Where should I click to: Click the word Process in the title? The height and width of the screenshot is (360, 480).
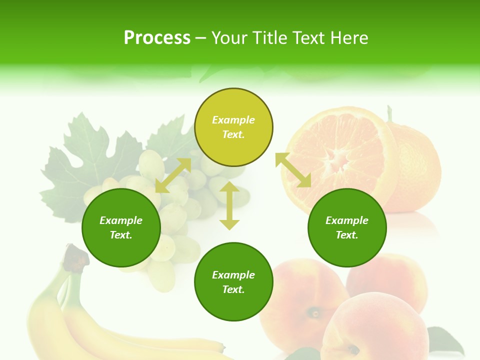click(x=157, y=38)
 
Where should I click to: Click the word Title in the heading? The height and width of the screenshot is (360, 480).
click(x=270, y=38)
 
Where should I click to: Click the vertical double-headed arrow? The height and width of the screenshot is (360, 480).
click(x=229, y=205)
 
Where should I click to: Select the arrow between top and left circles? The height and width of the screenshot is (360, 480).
click(x=173, y=175)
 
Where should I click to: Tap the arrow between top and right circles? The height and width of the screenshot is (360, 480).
click(x=293, y=170)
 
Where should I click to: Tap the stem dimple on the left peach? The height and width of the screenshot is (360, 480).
click(x=315, y=313)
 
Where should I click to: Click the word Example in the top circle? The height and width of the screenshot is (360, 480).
click(x=233, y=120)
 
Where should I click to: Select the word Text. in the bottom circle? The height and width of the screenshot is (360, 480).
click(x=233, y=289)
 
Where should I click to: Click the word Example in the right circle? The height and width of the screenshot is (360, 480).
click(x=347, y=220)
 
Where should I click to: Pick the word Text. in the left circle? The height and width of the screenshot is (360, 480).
click(x=121, y=235)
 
